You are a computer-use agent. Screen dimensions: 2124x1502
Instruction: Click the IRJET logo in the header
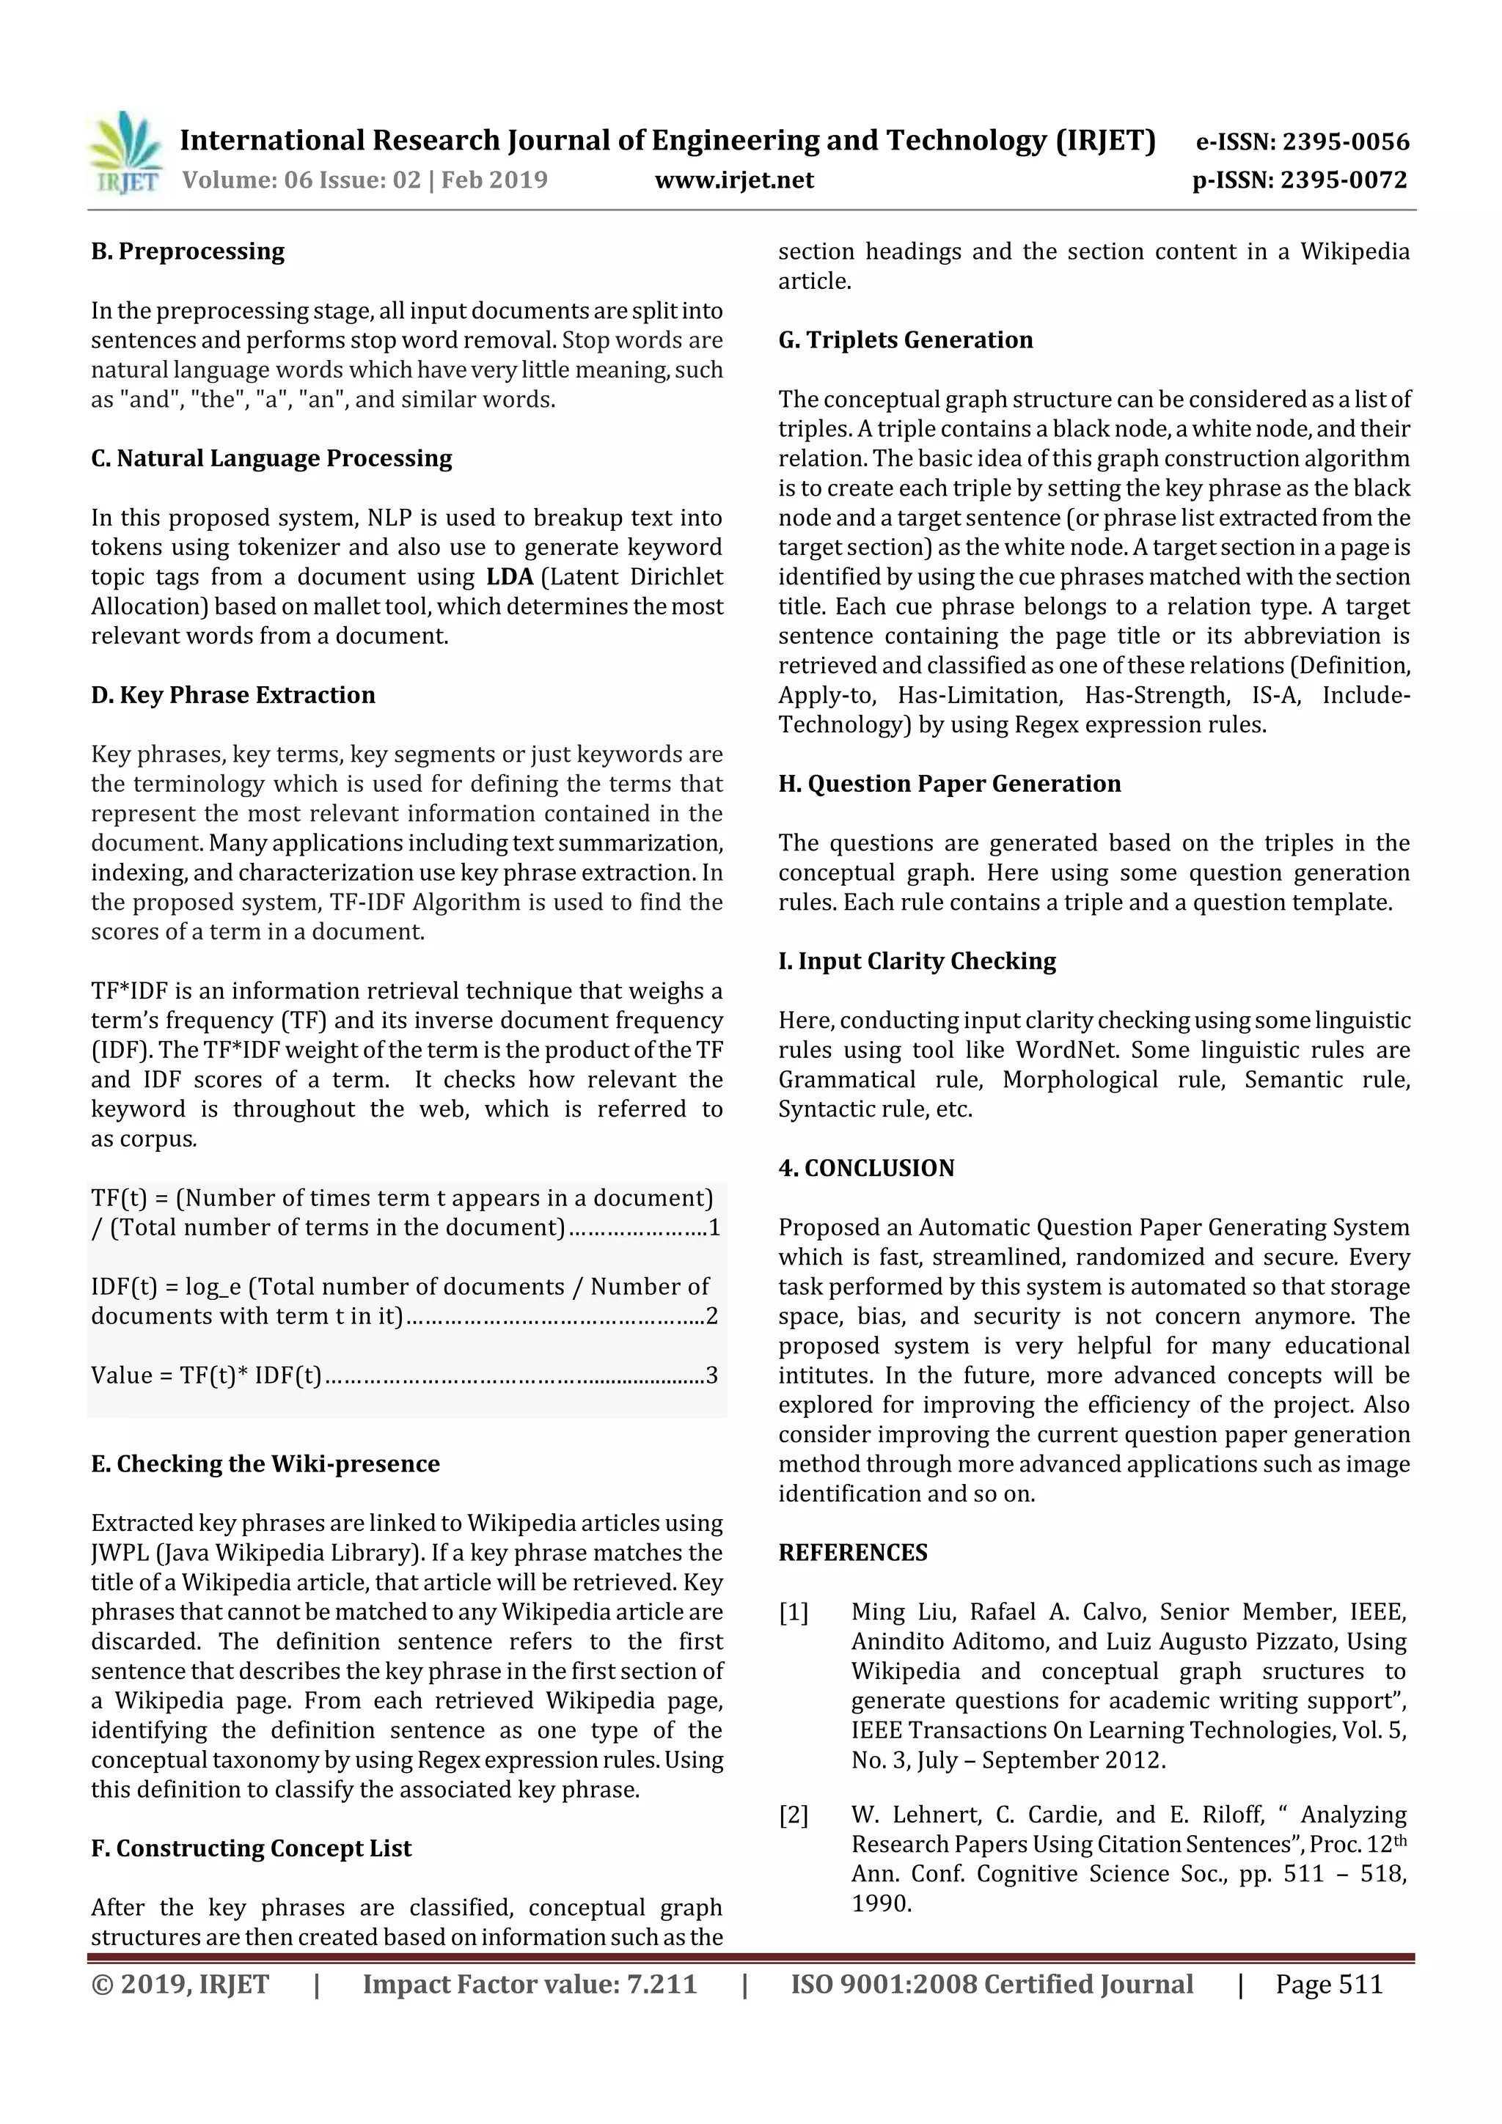pyautogui.click(x=125, y=152)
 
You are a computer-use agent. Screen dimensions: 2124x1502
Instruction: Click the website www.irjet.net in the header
pyautogui.click(x=734, y=180)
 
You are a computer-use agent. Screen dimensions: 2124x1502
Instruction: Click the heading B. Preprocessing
pyautogui.click(x=188, y=251)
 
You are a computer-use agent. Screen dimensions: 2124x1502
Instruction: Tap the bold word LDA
pyautogui.click(x=510, y=577)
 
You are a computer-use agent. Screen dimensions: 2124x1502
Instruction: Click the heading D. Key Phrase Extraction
pyautogui.click(x=233, y=696)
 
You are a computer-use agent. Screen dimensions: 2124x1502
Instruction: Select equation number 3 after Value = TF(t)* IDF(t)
pyautogui.click(x=711, y=1375)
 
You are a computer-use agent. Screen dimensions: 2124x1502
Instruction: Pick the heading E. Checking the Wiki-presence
pyautogui.click(x=265, y=1464)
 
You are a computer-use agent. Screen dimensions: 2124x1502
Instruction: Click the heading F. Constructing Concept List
pyautogui.click(x=251, y=1848)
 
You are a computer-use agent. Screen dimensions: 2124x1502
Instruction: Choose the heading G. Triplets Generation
pyautogui.click(x=905, y=340)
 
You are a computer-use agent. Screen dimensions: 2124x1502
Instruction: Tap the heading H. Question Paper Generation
pyautogui.click(x=950, y=784)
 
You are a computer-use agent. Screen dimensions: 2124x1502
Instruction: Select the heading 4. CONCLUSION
pyautogui.click(x=866, y=1169)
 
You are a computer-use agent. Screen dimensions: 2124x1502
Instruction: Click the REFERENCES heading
pyautogui.click(x=852, y=1553)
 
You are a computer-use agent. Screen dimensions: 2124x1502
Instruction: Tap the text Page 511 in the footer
pyautogui.click(x=1328, y=1984)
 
